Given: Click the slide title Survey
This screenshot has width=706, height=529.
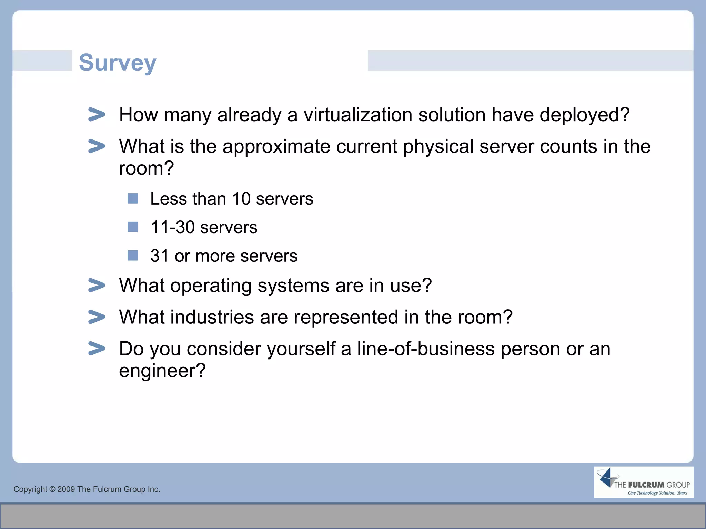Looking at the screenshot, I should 118,63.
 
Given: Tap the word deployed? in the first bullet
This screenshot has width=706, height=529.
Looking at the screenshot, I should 584,115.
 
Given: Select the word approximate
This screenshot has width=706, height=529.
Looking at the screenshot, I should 276,146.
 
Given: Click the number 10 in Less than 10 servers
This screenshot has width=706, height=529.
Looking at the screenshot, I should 241,199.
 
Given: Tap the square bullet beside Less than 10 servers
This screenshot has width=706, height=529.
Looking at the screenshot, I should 133,198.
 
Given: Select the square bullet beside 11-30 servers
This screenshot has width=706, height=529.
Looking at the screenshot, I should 133,227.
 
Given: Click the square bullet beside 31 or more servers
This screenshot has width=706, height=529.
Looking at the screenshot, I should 133,256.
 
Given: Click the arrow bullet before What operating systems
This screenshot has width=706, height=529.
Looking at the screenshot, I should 97,285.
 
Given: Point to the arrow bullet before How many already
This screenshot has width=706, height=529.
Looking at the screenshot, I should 97,114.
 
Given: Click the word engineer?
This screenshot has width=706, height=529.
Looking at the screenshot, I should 162,371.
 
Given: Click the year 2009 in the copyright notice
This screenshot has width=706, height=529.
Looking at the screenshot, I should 66,489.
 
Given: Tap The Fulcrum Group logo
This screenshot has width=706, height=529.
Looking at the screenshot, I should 643,482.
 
